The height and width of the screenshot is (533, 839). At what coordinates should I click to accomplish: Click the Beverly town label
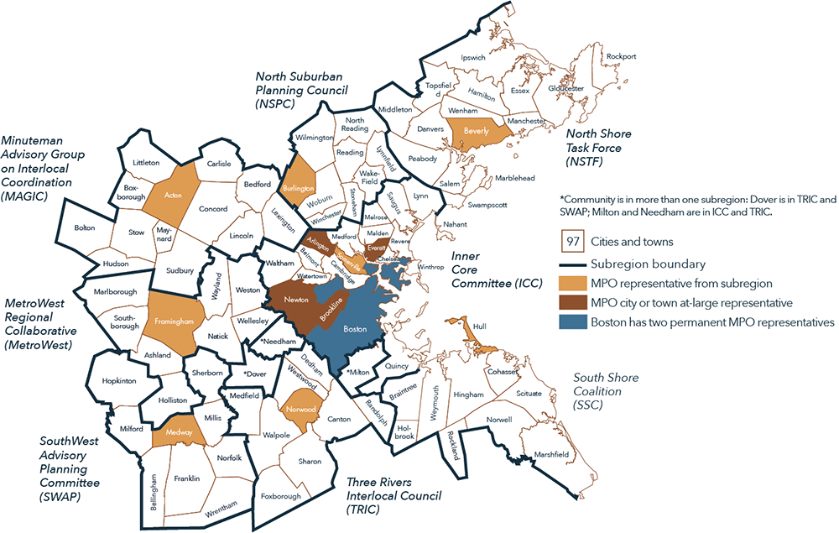(477, 131)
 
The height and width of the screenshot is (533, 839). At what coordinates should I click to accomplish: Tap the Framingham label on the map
(175, 321)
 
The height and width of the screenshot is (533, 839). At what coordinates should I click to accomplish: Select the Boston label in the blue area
(356, 330)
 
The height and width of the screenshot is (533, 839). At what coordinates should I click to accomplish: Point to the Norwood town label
(300, 409)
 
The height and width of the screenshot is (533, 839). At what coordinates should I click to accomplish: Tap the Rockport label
(621, 56)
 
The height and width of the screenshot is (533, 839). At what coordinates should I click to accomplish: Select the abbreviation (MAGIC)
(27, 196)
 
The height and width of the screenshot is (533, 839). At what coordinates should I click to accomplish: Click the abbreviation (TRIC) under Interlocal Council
(366, 509)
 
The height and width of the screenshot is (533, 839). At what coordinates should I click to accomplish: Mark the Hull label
(480, 326)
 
